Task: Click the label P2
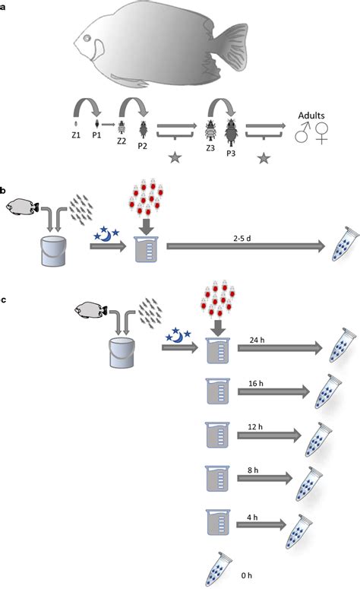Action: (143, 147)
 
